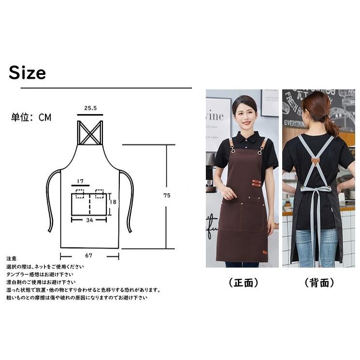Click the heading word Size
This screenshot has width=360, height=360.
pyautogui.click(x=27, y=72)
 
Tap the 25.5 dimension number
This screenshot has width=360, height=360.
pyautogui.click(x=90, y=109)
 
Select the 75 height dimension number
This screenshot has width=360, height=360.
pyautogui.click(x=167, y=196)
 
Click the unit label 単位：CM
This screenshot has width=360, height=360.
pyautogui.click(x=31, y=117)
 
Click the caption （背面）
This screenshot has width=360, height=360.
pyautogui.click(x=319, y=283)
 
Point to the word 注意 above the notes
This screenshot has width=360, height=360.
pyautogui.click(x=12, y=259)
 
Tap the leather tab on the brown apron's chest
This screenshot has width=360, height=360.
pyautogui.click(x=256, y=183)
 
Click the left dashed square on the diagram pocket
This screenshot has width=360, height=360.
pyautogui.click(x=80, y=194)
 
